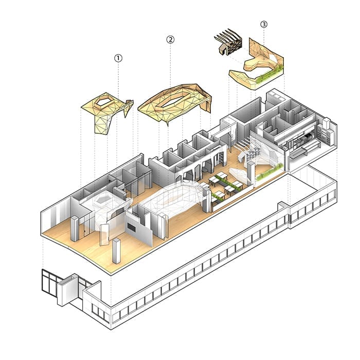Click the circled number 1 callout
click(x=118, y=58)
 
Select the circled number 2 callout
click(x=171, y=40)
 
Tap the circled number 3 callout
click(x=264, y=24)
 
